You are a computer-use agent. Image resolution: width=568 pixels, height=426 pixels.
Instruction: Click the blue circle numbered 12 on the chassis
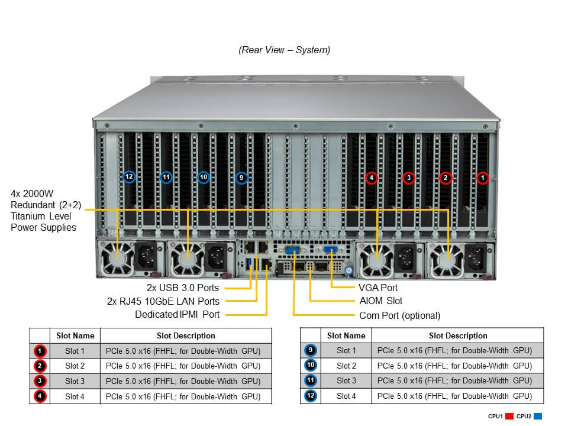pyautogui.click(x=130, y=177)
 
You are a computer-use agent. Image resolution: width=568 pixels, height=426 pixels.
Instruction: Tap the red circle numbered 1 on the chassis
pyautogui.click(x=483, y=177)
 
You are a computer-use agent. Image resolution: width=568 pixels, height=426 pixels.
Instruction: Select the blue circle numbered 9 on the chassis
pyautogui.click(x=241, y=177)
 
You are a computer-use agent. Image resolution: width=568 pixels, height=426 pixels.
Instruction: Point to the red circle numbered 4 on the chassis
pyautogui.click(x=372, y=177)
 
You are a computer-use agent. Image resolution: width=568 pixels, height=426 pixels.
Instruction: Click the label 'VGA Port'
pyautogui.click(x=377, y=288)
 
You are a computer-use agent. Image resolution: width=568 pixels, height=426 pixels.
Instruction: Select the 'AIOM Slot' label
pyautogui.click(x=380, y=301)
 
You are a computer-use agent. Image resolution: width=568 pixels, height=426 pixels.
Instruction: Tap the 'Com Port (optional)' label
pyautogui.click(x=399, y=315)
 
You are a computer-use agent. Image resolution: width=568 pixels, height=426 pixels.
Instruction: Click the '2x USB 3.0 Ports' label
pyautogui.click(x=183, y=288)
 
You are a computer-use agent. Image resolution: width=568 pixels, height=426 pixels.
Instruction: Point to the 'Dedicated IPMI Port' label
pyautogui.click(x=177, y=315)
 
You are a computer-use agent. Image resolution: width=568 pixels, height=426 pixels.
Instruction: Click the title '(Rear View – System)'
pyautogui.click(x=284, y=50)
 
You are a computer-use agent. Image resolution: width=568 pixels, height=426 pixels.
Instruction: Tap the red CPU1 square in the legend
pyautogui.click(x=509, y=416)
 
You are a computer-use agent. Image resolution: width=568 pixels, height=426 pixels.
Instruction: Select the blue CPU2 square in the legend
pyautogui.click(x=537, y=416)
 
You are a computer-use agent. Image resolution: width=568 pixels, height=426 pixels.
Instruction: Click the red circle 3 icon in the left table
pyautogui.click(x=40, y=381)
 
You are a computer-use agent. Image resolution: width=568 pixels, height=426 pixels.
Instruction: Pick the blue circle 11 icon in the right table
pyautogui.click(x=311, y=381)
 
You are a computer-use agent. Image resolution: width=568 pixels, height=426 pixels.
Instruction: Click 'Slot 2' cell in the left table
pyautogui.click(x=75, y=366)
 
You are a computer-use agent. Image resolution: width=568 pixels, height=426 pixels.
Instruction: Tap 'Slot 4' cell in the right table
pyautogui.click(x=346, y=396)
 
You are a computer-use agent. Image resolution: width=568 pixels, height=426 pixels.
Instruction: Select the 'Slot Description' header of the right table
pyautogui.click(x=458, y=335)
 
